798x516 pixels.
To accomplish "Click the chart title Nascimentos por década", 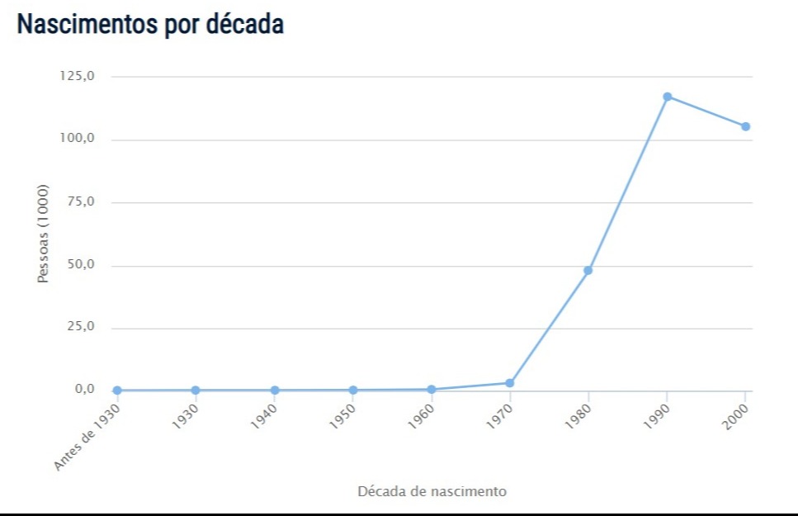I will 150,25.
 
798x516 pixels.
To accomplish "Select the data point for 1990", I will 667,97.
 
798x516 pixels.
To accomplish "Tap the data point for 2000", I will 745,126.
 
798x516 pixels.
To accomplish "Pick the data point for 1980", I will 588,270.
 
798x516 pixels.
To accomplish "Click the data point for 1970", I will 510,383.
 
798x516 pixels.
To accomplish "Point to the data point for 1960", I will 432,389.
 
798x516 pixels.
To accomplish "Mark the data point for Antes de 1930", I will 117,391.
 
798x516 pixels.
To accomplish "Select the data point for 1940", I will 274,391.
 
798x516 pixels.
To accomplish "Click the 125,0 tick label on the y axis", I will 78,76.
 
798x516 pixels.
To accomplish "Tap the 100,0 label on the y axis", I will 78,139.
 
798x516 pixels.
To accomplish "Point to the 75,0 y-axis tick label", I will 81,202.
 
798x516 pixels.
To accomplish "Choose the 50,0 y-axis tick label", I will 81,265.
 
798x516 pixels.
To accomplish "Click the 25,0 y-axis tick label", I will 81,327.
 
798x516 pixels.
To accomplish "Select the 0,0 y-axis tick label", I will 84,390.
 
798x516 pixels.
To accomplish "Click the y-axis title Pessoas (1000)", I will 43,234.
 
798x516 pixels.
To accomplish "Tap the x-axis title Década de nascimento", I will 432,491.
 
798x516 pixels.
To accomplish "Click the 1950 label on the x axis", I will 341,419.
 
